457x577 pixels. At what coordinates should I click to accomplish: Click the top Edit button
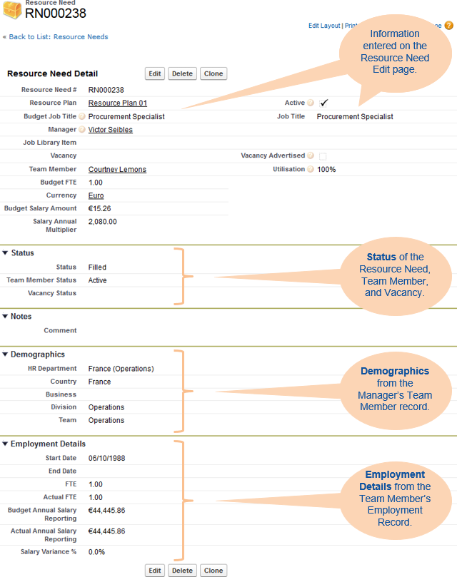155,73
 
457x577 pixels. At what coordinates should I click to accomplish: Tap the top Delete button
182,73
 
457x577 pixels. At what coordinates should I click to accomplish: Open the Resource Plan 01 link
117,103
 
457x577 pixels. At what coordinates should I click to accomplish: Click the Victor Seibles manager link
110,130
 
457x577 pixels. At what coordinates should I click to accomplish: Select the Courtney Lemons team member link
117,170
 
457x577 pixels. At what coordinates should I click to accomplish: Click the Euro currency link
96,195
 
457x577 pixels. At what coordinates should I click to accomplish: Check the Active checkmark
323,103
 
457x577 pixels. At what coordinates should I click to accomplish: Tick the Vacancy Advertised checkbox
323,156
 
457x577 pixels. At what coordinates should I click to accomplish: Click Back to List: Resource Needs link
58,36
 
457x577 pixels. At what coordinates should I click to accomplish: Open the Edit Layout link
324,26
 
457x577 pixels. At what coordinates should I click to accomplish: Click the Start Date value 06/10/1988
106,458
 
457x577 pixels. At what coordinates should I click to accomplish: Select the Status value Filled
97,267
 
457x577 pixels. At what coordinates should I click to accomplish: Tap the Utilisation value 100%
326,170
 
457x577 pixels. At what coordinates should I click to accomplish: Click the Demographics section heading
37,354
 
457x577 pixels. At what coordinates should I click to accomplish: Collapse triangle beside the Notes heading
5,316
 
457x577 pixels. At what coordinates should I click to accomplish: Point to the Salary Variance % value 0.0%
96,552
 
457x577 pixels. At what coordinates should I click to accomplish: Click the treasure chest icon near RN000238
12,10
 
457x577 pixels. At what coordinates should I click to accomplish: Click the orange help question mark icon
448,26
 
